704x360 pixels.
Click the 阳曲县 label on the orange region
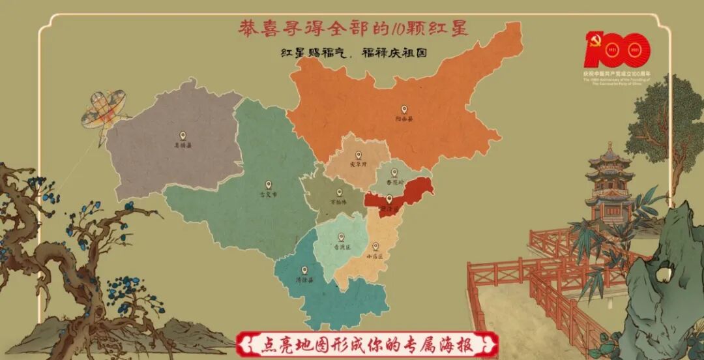[x=404, y=119]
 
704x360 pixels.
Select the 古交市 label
[x=268, y=194]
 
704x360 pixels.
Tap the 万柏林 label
[x=339, y=202]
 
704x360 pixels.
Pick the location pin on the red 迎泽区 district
[x=389, y=199]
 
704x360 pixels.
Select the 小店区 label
[x=375, y=256]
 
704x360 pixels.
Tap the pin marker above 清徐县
[x=304, y=269]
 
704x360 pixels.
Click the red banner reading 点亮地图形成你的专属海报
[x=368, y=344]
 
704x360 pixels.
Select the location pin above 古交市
[x=268, y=185]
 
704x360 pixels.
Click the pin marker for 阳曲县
[x=404, y=110]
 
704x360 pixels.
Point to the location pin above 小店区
[x=375, y=247]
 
